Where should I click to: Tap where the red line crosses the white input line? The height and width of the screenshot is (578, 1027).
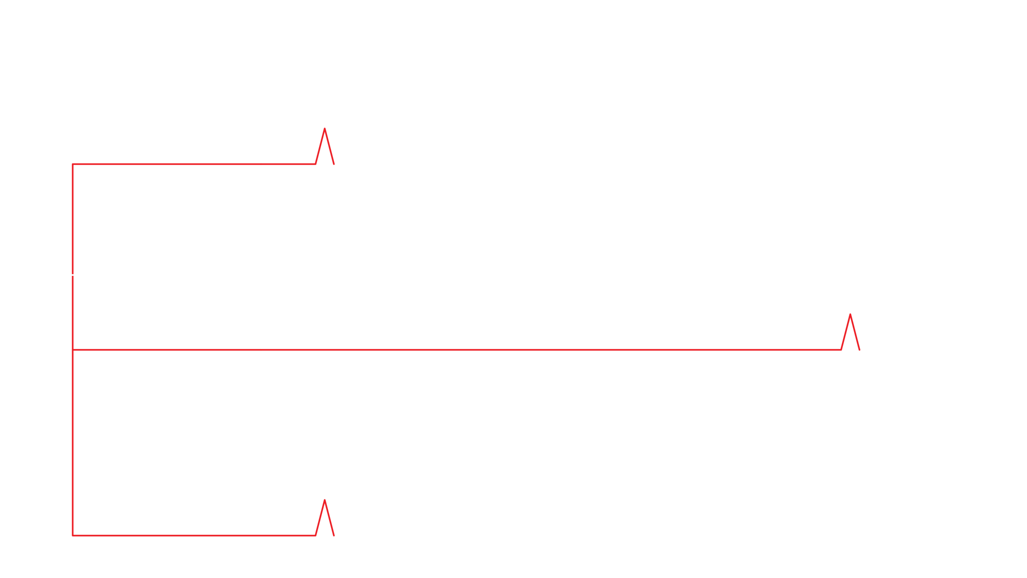coord(74,275)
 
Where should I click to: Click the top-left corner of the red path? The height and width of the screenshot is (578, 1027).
coord(74,164)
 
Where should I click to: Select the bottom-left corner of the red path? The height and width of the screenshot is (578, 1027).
coord(74,535)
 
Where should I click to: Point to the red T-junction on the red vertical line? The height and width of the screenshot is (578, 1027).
coord(74,350)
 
